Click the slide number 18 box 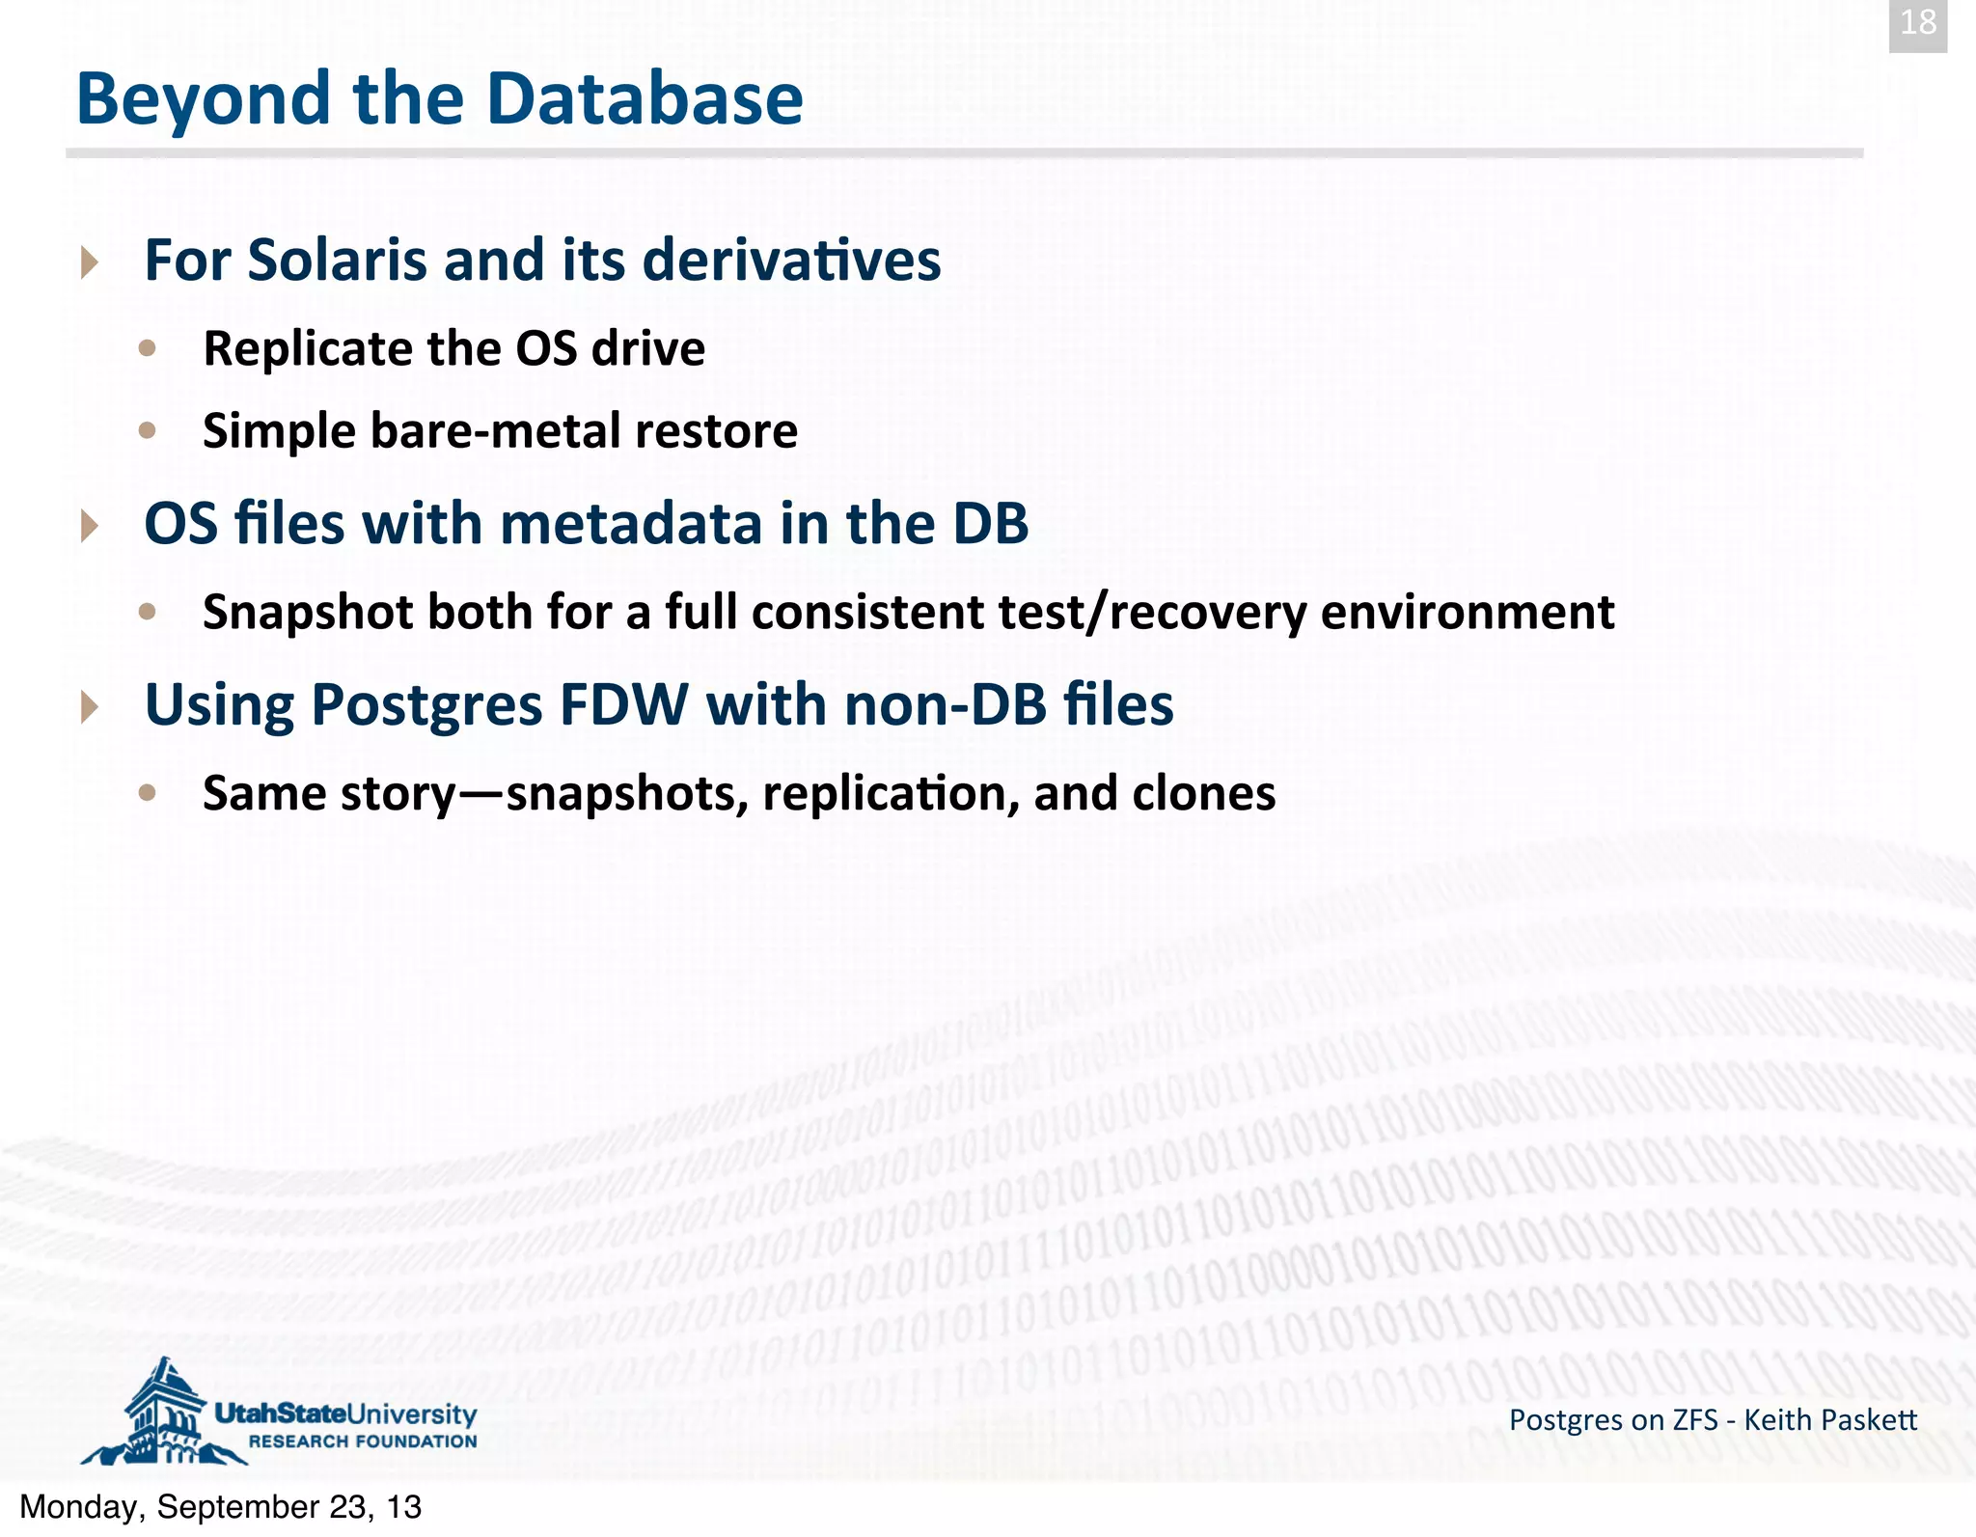tap(1917, 23)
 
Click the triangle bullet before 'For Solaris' tap(90, 262)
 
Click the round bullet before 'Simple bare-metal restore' tap(147, 430)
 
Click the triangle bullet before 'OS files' tap(90, 526)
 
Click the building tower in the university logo tap(164, 1409)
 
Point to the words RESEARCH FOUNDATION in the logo tap(363, 1441)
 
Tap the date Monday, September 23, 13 tap(220, 1507)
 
